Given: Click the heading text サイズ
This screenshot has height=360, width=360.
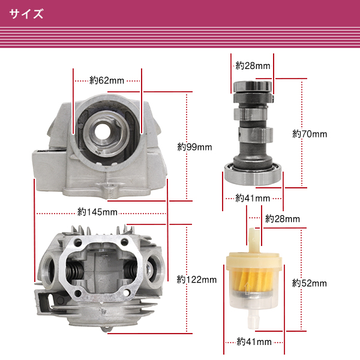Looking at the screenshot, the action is (x=26, y=14).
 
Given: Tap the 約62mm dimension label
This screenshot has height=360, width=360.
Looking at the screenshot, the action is (x=107, y=80).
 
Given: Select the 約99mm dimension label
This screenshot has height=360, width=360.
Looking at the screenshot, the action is (x=194, y=147).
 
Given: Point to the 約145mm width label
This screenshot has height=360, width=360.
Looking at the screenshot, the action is (x=97, y=212).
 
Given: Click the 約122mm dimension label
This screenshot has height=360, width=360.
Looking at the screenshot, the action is (x=197, y=280).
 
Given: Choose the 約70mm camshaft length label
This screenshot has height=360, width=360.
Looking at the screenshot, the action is (x=310, y=134).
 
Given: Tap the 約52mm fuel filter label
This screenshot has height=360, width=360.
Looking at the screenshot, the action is (x=309, y=283).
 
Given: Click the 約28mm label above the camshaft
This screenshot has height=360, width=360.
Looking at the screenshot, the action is (x=253, y=66).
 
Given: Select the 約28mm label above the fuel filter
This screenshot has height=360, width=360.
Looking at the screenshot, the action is (x=283, y=219).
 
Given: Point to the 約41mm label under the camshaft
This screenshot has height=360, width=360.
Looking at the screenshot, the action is (x=253, y=198).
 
